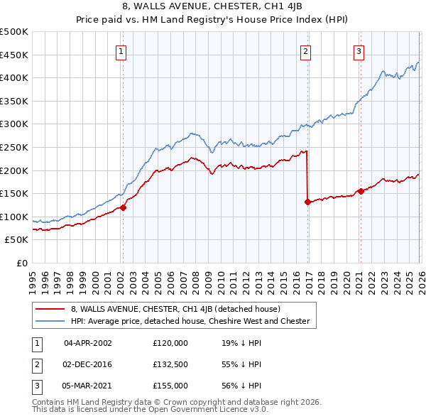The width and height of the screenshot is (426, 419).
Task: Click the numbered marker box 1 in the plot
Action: (122, 50)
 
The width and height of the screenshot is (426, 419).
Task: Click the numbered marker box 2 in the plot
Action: (305, 50)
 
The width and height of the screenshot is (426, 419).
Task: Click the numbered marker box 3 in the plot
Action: (359, 50)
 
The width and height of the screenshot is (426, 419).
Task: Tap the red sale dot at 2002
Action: (123, 207)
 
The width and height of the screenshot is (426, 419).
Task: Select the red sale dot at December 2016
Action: (307, 202)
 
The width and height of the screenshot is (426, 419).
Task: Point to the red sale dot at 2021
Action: (361, 191)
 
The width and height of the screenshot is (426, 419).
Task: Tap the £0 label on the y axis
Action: (23, 263)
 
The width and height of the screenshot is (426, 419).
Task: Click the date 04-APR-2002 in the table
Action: (88, 342)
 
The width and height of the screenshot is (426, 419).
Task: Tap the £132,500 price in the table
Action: (170, 364)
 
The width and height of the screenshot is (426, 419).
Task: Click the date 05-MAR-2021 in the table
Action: (88, 386)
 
